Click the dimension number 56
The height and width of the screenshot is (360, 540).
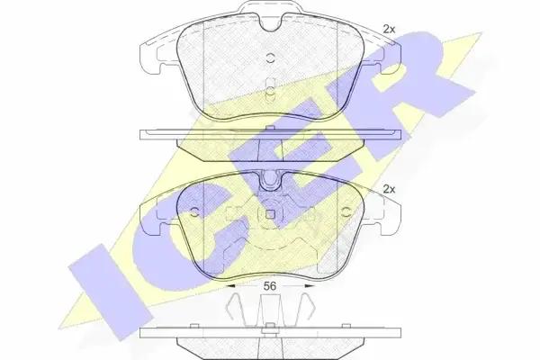270,286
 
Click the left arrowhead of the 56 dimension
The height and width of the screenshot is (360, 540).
229,286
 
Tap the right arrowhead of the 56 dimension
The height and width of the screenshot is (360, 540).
310,286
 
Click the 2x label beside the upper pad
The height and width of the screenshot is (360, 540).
389,30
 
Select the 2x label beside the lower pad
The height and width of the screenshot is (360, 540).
389,189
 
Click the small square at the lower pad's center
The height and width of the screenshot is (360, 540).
270,214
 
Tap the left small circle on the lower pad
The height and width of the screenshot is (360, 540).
194,212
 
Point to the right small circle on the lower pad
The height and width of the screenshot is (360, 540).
346,212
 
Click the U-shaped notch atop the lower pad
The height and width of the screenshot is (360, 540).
270,182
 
